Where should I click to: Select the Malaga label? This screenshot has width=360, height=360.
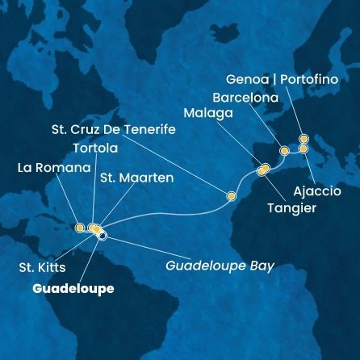point(208,114)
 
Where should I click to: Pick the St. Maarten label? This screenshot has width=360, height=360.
point(136,177)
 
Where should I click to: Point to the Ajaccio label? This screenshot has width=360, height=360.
point(317,191)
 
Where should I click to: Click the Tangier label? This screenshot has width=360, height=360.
point(291,208)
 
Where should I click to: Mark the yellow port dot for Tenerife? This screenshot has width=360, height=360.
point(232,195)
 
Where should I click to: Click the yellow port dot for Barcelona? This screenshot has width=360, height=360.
point(283,151)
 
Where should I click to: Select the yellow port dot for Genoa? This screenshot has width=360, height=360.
point(303,139)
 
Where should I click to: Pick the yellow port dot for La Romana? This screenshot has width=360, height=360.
point(79,228)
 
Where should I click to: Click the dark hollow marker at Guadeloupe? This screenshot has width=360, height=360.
point(103,236)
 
